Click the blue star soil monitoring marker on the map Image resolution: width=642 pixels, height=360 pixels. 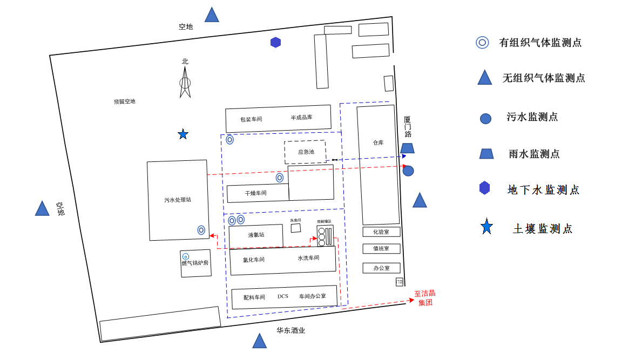pyautogui.click(x=183, y=134)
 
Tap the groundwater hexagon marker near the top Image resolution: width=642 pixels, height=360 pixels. pyautogui.click(x=276, y=42)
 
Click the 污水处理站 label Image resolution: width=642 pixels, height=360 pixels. pyautogui.click(x=178, y=200)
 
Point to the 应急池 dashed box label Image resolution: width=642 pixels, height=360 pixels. pyautogui.click(x=306, y=152)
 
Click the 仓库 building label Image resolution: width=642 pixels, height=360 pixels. pyautogui.click(x=378, y=143)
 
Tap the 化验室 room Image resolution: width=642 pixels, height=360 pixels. pyautogui.click(x=381, y=232)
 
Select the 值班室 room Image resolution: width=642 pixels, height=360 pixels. pyautogui.click(x=381, y=249)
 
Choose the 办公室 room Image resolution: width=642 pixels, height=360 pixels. pyautogui.click(x=381, y=268)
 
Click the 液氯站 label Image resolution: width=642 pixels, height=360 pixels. pyautogui.click(x=256, y=235)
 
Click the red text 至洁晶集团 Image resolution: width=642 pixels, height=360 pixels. pyautogui.click(x=425, y=298)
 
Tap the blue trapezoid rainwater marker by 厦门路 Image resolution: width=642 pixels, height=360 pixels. pyautogui.click(x=408, y=148)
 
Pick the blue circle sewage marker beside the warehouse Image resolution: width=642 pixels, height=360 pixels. pyautogui.click(x=408, y=171)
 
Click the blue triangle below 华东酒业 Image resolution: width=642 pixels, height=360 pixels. pyautogui.click(x=260, y=341)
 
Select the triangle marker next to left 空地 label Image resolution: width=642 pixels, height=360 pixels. pyautogui.click(x=42, y=209)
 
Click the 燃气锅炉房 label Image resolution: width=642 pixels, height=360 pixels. pyautogui.click(x=195, y=263)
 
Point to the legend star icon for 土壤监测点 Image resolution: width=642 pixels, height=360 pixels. pyautogui.click(x=486, y=227)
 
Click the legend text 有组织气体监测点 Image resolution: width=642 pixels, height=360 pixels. pyautogui.click(x=540, y=43)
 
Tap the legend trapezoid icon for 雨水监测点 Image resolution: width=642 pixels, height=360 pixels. pyautogui.click(x=486, y=154)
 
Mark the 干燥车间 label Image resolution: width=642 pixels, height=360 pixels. pyautogui.click(x=255, y=193)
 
